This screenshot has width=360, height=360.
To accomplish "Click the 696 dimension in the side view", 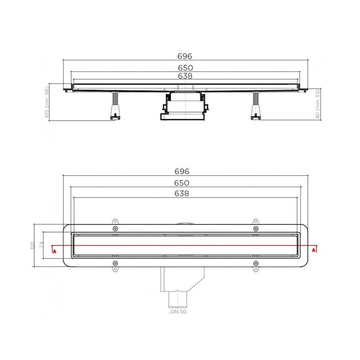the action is pyautogui.click(x=185, y=56).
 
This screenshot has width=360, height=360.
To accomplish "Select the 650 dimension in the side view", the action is pyautogui.click(x=185, y=68).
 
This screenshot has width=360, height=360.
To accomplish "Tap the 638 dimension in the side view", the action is pyautogui.click(x=185, y=76).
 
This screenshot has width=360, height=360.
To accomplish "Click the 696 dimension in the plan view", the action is pyautogui.click(x=182, y=171).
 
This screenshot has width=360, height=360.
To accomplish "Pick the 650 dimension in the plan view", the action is pyautogui.click(x=182, y=183).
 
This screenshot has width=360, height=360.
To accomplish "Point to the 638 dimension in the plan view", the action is pyautogui.click(x=182, y=193).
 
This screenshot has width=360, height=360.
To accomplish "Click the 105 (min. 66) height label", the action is pyautogui.click(x=47, y=102).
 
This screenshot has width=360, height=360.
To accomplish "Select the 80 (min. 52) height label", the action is pyautogui.click(x=318, y=104).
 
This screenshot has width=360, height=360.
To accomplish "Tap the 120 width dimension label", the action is pyautogui.click(x=32, y=245).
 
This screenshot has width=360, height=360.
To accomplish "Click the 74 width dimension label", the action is pyautogui.click(x=41, y=245).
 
